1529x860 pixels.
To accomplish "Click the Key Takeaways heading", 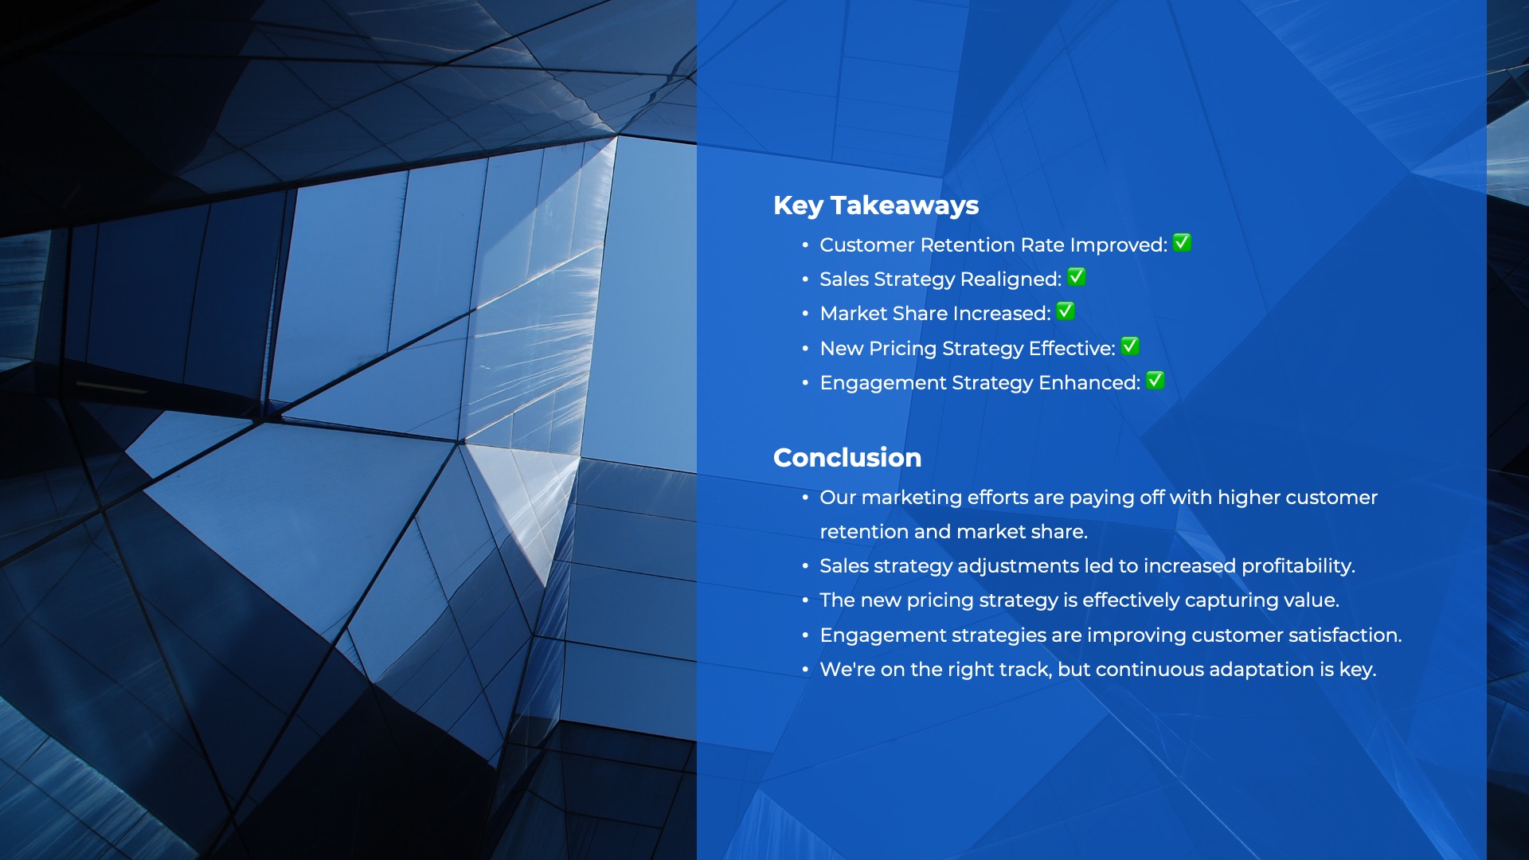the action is (x=876, y=205).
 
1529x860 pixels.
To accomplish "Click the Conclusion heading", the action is (x=847, y=457).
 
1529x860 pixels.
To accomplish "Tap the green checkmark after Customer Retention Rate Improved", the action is (x=1182, y=243).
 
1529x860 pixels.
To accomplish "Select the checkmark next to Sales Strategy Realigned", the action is (x=1077, y=277).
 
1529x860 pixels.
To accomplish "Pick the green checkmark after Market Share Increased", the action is (x=1066, y=311).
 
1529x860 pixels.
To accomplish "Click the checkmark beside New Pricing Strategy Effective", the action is (x=1130, y=346).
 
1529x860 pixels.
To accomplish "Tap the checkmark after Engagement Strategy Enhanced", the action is (x=1156, y=381).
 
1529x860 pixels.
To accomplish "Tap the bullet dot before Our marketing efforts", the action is (x=805, y=498).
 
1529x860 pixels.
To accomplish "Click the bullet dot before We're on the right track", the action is (x=805, y=670).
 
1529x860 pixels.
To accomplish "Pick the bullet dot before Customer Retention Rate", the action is (x=805, y=245).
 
